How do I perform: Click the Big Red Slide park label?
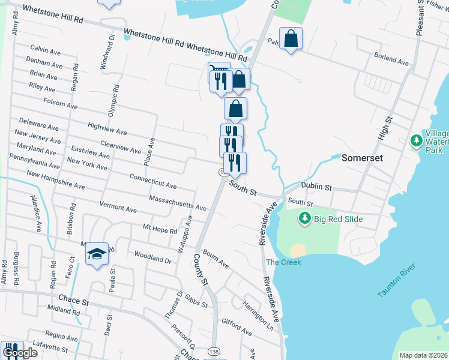(339, 219)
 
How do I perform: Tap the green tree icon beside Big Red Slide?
(306, 218)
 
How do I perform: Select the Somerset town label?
(362, 159)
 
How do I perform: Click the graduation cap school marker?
(97, 254)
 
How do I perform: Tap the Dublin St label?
(316, 187)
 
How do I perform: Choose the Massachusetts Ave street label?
(178, 202)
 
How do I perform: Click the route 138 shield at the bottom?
(214, 350)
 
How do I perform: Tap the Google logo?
(20, 353)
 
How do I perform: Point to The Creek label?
(283, 262)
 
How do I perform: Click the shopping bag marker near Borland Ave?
(291, 38)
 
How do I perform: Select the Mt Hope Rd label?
(160, 229)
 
